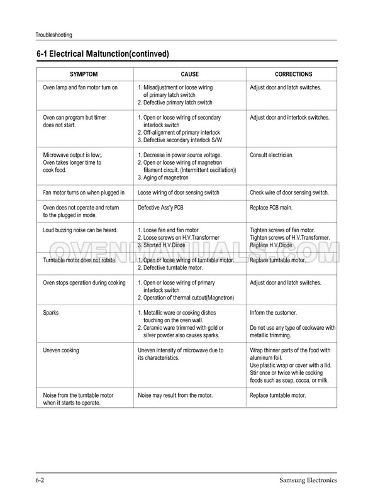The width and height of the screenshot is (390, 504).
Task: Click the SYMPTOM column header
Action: pyautogui.click(x=84, y=74)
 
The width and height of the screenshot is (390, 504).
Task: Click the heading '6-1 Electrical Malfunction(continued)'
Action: pyautogui.click(x=103, y=54)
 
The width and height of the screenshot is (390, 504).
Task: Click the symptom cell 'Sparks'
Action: pyautogui.click(x=52, y=313)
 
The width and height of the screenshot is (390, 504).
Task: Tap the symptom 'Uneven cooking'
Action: pyautogui.click(x=61, y=350)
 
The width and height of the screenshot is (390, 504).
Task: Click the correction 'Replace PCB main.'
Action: pyautogui.click(x=275, y=208)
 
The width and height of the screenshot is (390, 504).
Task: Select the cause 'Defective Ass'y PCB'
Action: pyautogui.click(x=164, y=208)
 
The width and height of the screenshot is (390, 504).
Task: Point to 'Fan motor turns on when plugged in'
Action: pyautogui.click(x=84, y=193)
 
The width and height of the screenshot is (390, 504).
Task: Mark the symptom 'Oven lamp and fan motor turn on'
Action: pyautogui.click(x=80, y=87)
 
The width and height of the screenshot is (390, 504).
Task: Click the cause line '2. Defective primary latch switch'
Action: pyautogui.click(x=175, y=102)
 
